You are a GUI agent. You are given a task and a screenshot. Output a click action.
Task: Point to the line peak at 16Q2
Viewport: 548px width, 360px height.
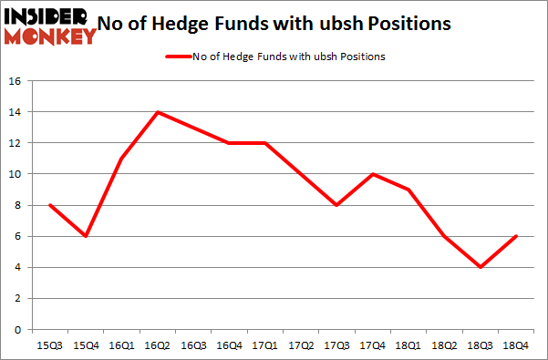coord(159,112)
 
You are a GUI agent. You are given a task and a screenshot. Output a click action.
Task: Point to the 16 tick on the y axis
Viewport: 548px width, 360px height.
coord(16,81)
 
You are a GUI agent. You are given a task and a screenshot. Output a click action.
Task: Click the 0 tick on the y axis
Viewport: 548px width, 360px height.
coord(18,329)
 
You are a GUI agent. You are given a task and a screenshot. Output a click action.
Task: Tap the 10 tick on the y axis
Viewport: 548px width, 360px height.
coord(16,174)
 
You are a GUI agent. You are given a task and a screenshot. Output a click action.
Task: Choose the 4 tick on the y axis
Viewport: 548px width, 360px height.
coord(18,267)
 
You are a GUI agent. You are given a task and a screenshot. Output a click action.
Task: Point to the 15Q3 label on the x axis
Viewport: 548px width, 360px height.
coord(47,345)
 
